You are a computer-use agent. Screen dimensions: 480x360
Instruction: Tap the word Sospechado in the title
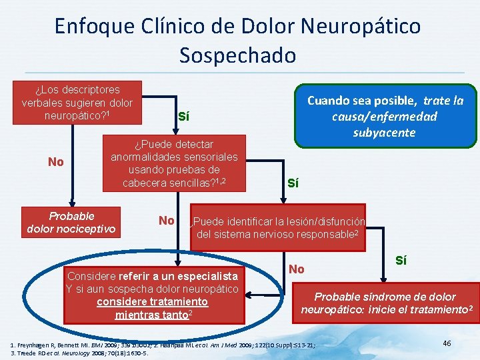(x=237, y=55)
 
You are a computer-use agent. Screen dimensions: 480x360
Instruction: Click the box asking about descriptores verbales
(x=77, y=102)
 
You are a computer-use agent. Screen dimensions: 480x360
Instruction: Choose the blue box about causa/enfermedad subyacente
(x=385, y=115)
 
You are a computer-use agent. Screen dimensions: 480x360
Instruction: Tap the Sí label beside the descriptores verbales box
(x=183, y=116)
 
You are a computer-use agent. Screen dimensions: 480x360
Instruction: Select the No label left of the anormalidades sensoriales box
(x=57, y=162)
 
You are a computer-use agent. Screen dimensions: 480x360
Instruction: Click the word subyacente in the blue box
(x=384, y=132)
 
